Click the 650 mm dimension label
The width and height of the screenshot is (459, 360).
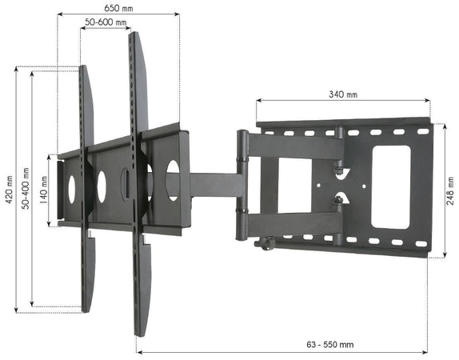tap(118, 6)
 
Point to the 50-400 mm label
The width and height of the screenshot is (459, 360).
tap(26, 190)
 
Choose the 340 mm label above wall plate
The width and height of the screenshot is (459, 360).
tap(343, 93)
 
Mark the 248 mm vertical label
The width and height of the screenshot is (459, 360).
tap(451, 190)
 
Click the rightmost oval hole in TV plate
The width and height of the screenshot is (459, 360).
tap(173, 180)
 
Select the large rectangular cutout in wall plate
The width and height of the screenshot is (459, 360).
tap(391, 186)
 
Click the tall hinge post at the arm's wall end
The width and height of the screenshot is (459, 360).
tap(241, 184)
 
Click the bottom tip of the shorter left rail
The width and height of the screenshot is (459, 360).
tap(88, 307)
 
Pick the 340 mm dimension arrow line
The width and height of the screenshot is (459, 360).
tap(343, 102)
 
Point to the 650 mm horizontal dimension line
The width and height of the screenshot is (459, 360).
tap(118, 14)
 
